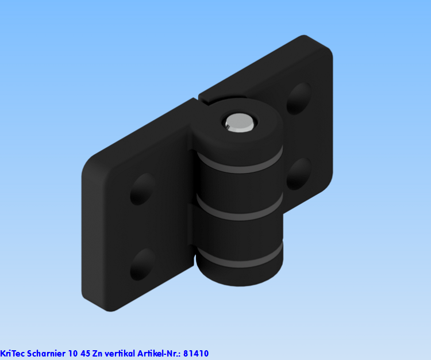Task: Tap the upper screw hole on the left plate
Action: tap(143, 189)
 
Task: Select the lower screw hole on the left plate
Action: tap(142, 264)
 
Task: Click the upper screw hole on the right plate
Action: tap(299, 98)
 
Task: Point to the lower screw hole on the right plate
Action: tap(299, 174)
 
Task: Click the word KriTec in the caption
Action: tap(12, 354)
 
